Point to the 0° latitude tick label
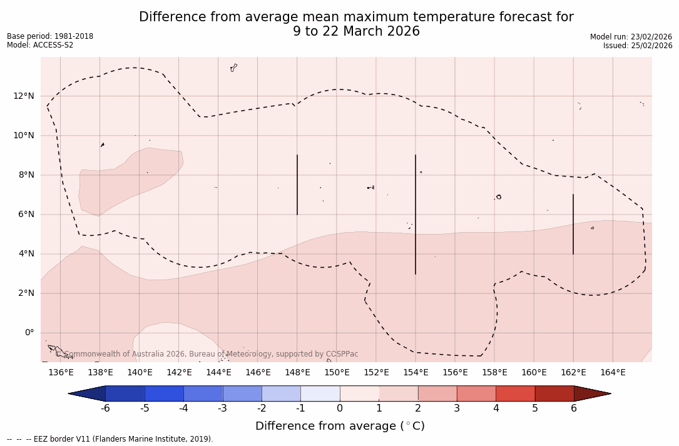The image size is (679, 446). pyautogui.click(x=29, y=333)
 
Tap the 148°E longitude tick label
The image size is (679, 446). pyautogui.click(x=297, y=373)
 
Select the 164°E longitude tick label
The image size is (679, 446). pyautogui.click(x=613, y=373)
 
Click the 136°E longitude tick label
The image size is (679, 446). pyautogui.click(x=61, y=373)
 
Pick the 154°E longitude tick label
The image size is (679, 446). pyautogui.click(x=416, y=373)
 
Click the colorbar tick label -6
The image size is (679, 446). pyautogui.click(x=105, y=408)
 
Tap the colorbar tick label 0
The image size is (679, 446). pyautogui.click(x=340, y=408)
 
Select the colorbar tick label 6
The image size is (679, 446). pyautogui.click(x=574, y=408)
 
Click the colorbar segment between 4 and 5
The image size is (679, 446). pyautogui.click(x=515, y=393)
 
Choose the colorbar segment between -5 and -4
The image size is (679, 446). pyautogui.click(x=164, y=393)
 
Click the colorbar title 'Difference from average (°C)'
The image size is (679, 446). pyautogui.click(x=340, y=427)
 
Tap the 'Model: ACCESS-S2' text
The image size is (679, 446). pyautogui.click(x=40, y=45)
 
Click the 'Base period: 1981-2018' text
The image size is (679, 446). pyautogui.click(x=50, y=36)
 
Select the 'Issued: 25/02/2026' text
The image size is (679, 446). pyautogui.click(x=638, y=46)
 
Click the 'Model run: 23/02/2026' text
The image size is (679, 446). pyautogui.click(x=631, y=37)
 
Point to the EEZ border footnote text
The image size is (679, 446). pyautogui.click(x=110, y=439)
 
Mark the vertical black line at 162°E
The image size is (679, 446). pyautogui.click(x=573, y=224)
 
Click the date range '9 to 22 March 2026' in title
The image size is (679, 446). pyautogui.click(x=356, y=31)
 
